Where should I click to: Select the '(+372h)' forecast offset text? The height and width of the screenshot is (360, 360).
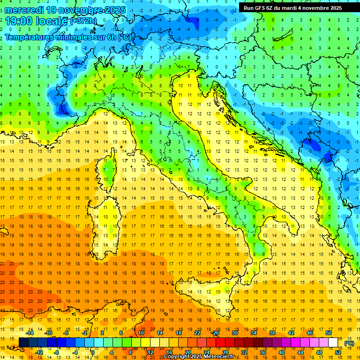(x=84, y=22)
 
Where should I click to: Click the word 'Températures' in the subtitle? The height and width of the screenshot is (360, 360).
(x=29, y=37)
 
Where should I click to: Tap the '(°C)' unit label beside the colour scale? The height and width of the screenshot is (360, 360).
(x=349, y=343)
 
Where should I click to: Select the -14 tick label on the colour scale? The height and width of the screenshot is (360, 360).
(x=30, y=333)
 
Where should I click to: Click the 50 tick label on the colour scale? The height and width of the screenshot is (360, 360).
(x=328, y=333)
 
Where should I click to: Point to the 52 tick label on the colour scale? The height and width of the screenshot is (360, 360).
(x=337, y=352)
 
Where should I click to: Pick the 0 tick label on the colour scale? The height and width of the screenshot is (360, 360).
(x=93, y=352)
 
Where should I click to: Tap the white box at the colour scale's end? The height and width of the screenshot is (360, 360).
(x=333, y=343)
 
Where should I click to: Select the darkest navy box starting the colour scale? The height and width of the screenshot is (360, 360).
(x=23, y=343)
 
